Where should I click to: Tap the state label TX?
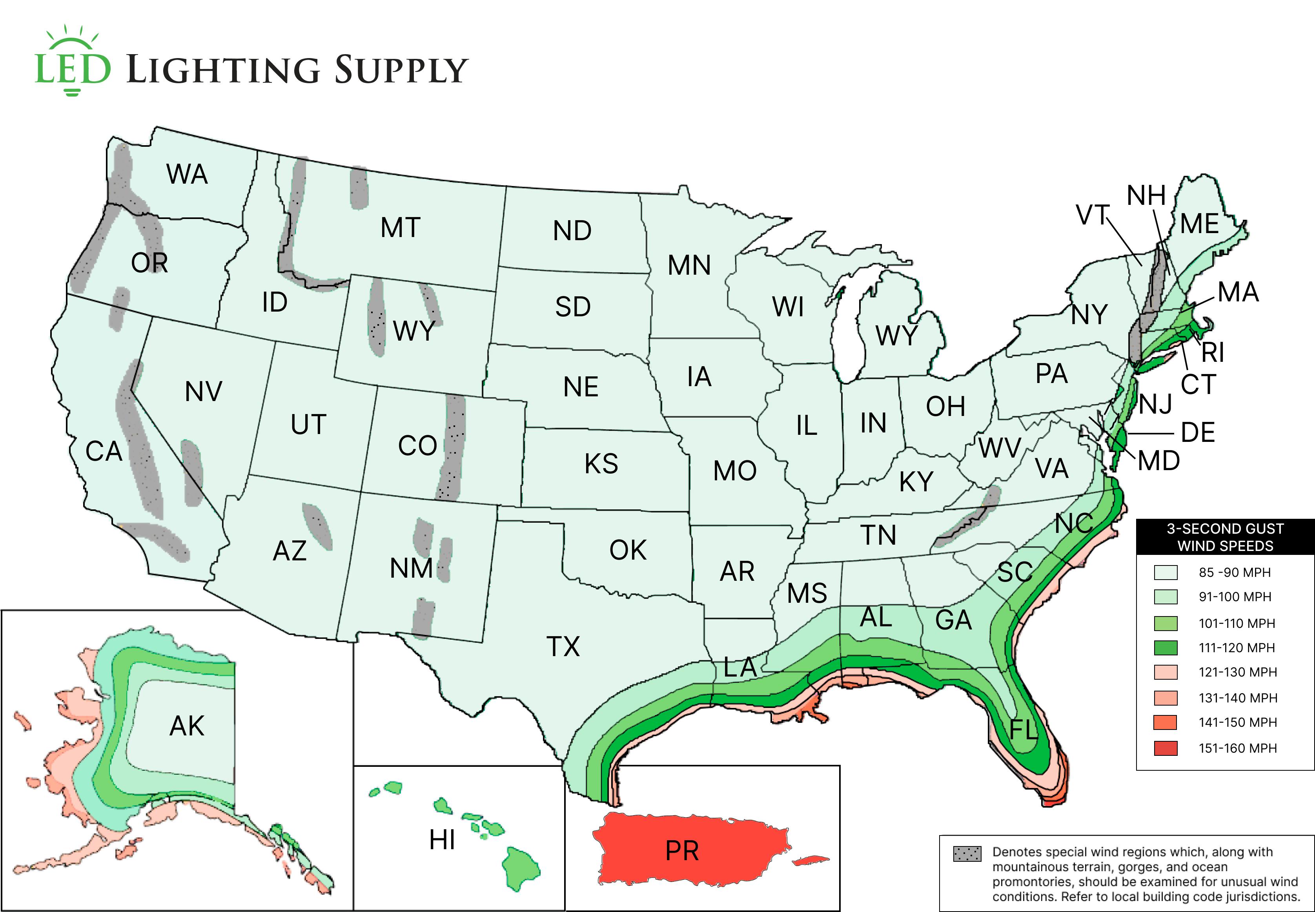pyautogui.click(x=563, y=647)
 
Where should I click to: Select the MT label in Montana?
pyautogui.click(x=401, y=228)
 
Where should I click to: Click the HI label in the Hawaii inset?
pyautogui.click(x=442, y=840)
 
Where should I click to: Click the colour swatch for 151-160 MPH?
pyautogui.click(x=1165, y=748)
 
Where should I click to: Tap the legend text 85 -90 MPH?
pyautogui.click(x=1235, y=573)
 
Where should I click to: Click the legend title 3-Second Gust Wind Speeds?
pyautogui.click(x=1225, y=537)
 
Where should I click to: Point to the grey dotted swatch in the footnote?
pyautogui.click(x=967, y=854)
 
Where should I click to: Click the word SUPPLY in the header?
pyautogui.click(x=401, y=70)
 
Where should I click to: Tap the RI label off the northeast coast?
pyautogui.click(x=1212, y=352)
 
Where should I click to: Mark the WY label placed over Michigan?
pyautogui.click(x=896, y=336)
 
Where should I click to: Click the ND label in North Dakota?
pyautogui.click(x=572, y=231)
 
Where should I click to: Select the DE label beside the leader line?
pyautogui.click(x=1197, y=432)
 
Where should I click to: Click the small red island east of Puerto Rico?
pyautogui.click(x=811, y=859)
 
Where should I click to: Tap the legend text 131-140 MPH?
pyautogui.click(x=1237, y=698)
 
